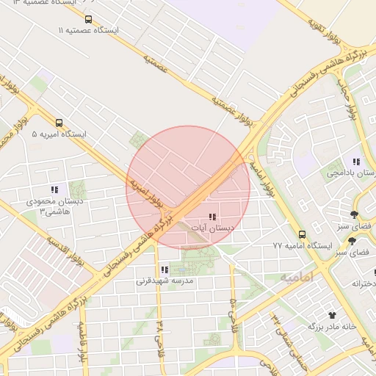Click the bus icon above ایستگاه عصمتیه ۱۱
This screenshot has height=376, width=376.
[x=89, y=20]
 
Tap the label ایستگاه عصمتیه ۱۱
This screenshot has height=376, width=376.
[x=88, y=32]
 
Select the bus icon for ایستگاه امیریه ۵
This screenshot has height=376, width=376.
[x=59, y=123]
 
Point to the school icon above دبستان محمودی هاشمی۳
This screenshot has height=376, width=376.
[x=54, y=189]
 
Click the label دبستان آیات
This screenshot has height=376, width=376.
[x=211, y=229]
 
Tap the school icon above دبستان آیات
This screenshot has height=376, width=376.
[x=211, y=217]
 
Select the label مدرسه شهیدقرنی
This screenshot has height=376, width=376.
[x=164, y=281]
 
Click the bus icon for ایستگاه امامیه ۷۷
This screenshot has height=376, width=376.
[x=302, y=234]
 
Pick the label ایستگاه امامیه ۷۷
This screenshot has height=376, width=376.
[x=303, y=245]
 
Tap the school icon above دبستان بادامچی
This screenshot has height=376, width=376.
[x=356, y=162]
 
